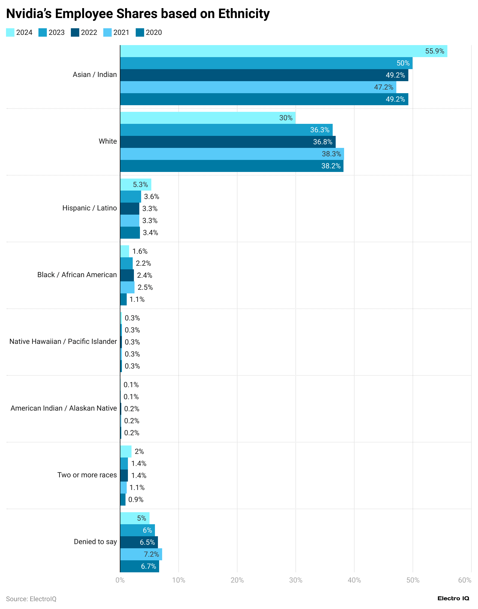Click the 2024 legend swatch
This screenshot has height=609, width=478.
pyautogui.click(x=10, y=32)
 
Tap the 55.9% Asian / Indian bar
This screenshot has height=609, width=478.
pyautogui.click(x=283, y=51)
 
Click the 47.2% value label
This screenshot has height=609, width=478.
pyautogui.click(x=383, y=87)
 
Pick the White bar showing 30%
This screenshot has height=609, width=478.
pyautogui.click(x=208, y=118)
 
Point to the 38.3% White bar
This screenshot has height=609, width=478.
pyautogui.click(x=232, y=154)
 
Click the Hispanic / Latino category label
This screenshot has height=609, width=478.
pyautogui.click(x=89, y=208)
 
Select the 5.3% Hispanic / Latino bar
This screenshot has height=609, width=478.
pyautogui.click(x=135, y=185)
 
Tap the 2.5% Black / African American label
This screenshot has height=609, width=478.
pyautogui.click(x=145, y=287)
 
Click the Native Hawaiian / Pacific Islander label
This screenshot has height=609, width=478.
pyautogui.click(x=63, y=341)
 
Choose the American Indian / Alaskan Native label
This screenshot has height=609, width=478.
pyautogui.click(x=64, y=408)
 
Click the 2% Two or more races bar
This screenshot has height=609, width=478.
pyautogui.click(x=126, y=451)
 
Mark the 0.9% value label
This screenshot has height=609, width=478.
pyautogui.click(x=136, y=500)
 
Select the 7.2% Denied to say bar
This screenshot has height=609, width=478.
pyautogui.click(x=141, y=554)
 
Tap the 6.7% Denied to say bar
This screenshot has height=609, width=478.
pyautogui.click(x=140, y=566)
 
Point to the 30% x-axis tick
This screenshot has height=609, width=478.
pyautogui.click(x=295, y=580)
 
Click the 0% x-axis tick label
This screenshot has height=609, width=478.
pyautogui.click(x=120, y=580)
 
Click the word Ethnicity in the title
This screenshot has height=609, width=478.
pyautogui.click(x=244, y=14)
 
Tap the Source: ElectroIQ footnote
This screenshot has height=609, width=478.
pyautogui.click(x=31, y=599)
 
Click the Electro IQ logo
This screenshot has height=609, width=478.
pyautogui.click(x=453, y=598)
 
